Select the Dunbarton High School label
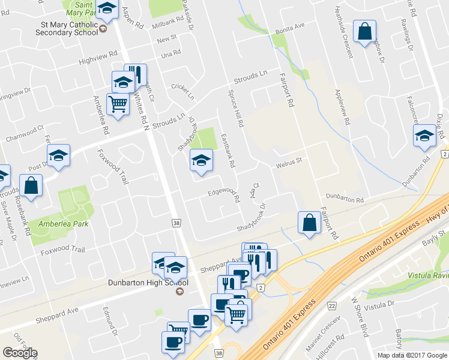148,283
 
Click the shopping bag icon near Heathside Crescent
364,32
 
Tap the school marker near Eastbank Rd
202,160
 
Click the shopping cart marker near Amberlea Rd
118,104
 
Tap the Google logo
20,353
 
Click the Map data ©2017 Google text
412,355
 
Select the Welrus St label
288,161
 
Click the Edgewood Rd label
224,194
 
